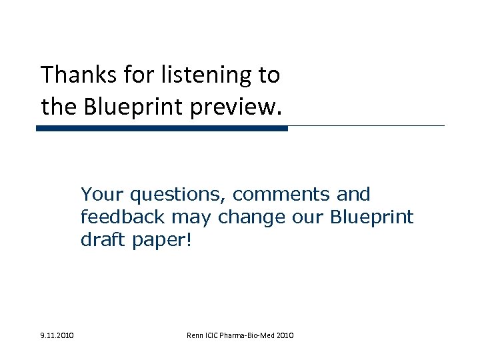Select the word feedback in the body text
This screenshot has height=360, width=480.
(118, 217)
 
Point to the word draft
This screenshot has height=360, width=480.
(99, 240)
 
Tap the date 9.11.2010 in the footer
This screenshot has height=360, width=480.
(57, 334)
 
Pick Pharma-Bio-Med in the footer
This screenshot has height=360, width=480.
(253, 334)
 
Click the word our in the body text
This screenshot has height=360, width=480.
(307, 217)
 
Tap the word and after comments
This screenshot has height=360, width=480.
(353, 195)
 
